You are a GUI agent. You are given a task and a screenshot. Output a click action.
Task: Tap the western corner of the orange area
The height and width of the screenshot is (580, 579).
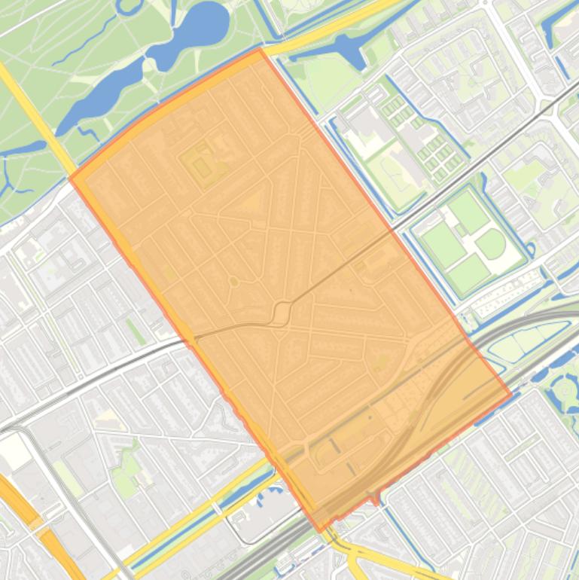pyautogui.click(x=71, y=179)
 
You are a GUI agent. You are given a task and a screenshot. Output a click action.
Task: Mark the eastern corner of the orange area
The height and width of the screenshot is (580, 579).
pyautogui.click(x=511, y=392)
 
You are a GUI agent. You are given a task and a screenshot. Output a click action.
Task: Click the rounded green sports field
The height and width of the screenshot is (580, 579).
pyautogui.click(x=490, y=243)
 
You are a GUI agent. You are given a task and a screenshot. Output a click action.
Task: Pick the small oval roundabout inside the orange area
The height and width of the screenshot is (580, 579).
pyautogui.click(x=233, y=282)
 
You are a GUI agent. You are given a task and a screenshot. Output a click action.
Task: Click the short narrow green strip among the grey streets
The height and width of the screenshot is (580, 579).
pyautogui.click(x=136, y=331)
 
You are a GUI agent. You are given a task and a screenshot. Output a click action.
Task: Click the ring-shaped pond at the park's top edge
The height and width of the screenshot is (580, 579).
pyautogui.click(x=129, y=6)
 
